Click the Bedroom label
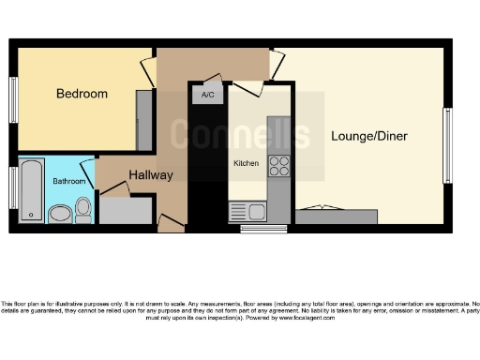click(x=82, y=94)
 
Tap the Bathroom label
click(x=68, y=181)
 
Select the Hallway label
click(x=151, y=174)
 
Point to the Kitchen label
click(x=246, y=163)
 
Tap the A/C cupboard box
click(x=207, y=94)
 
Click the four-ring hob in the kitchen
click(x=279, y=167)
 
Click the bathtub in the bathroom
click(x=31, y=191)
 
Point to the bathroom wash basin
click(x=59, y=214)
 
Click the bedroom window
click(x=13, y=97)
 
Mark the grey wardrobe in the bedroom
click(x=145, y=121)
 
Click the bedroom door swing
click(x=147, y=72)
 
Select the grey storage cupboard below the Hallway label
click(x=126, y=210)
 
